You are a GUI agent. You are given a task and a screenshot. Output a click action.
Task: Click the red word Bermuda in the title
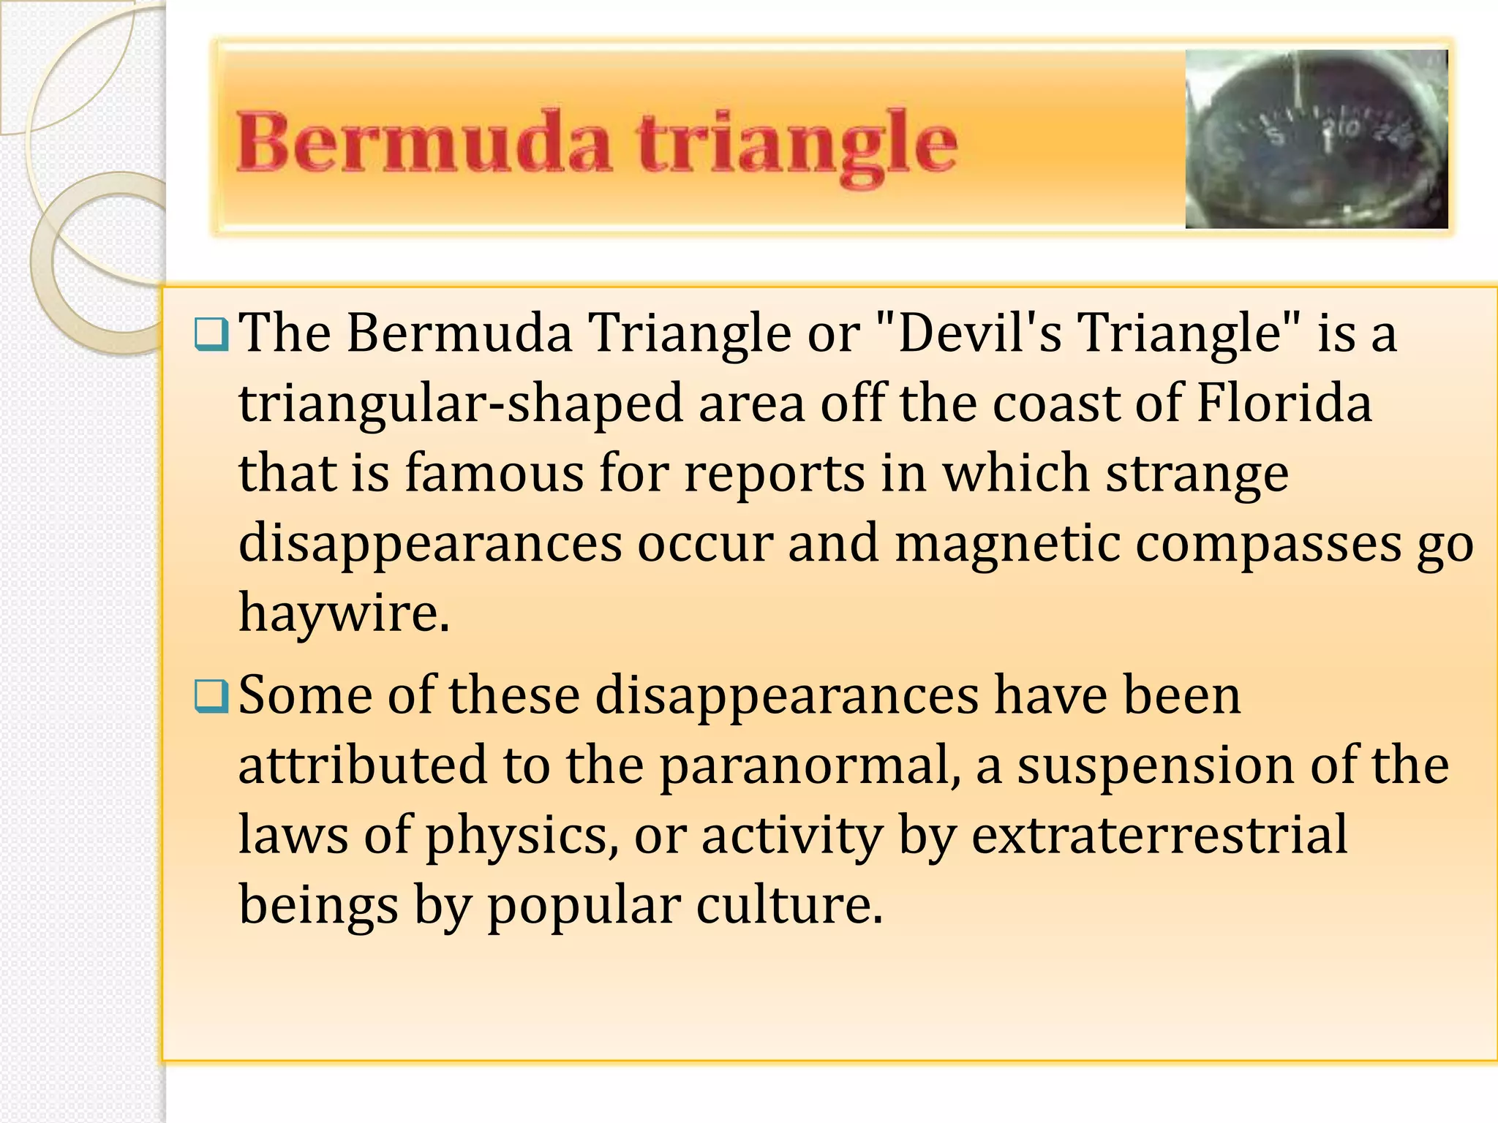pos(424,143)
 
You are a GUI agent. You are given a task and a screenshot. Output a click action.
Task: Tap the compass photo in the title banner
pos(1316,139)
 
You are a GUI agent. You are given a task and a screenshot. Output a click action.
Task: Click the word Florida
pos(1284,403)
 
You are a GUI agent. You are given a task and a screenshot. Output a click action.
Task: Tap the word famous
pos(494,473)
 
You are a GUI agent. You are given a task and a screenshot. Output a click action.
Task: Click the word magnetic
pos(1007,543)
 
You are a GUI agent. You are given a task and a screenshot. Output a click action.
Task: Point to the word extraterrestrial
pos(1159,834)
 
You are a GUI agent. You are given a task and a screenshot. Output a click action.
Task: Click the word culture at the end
pos(789,905)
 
